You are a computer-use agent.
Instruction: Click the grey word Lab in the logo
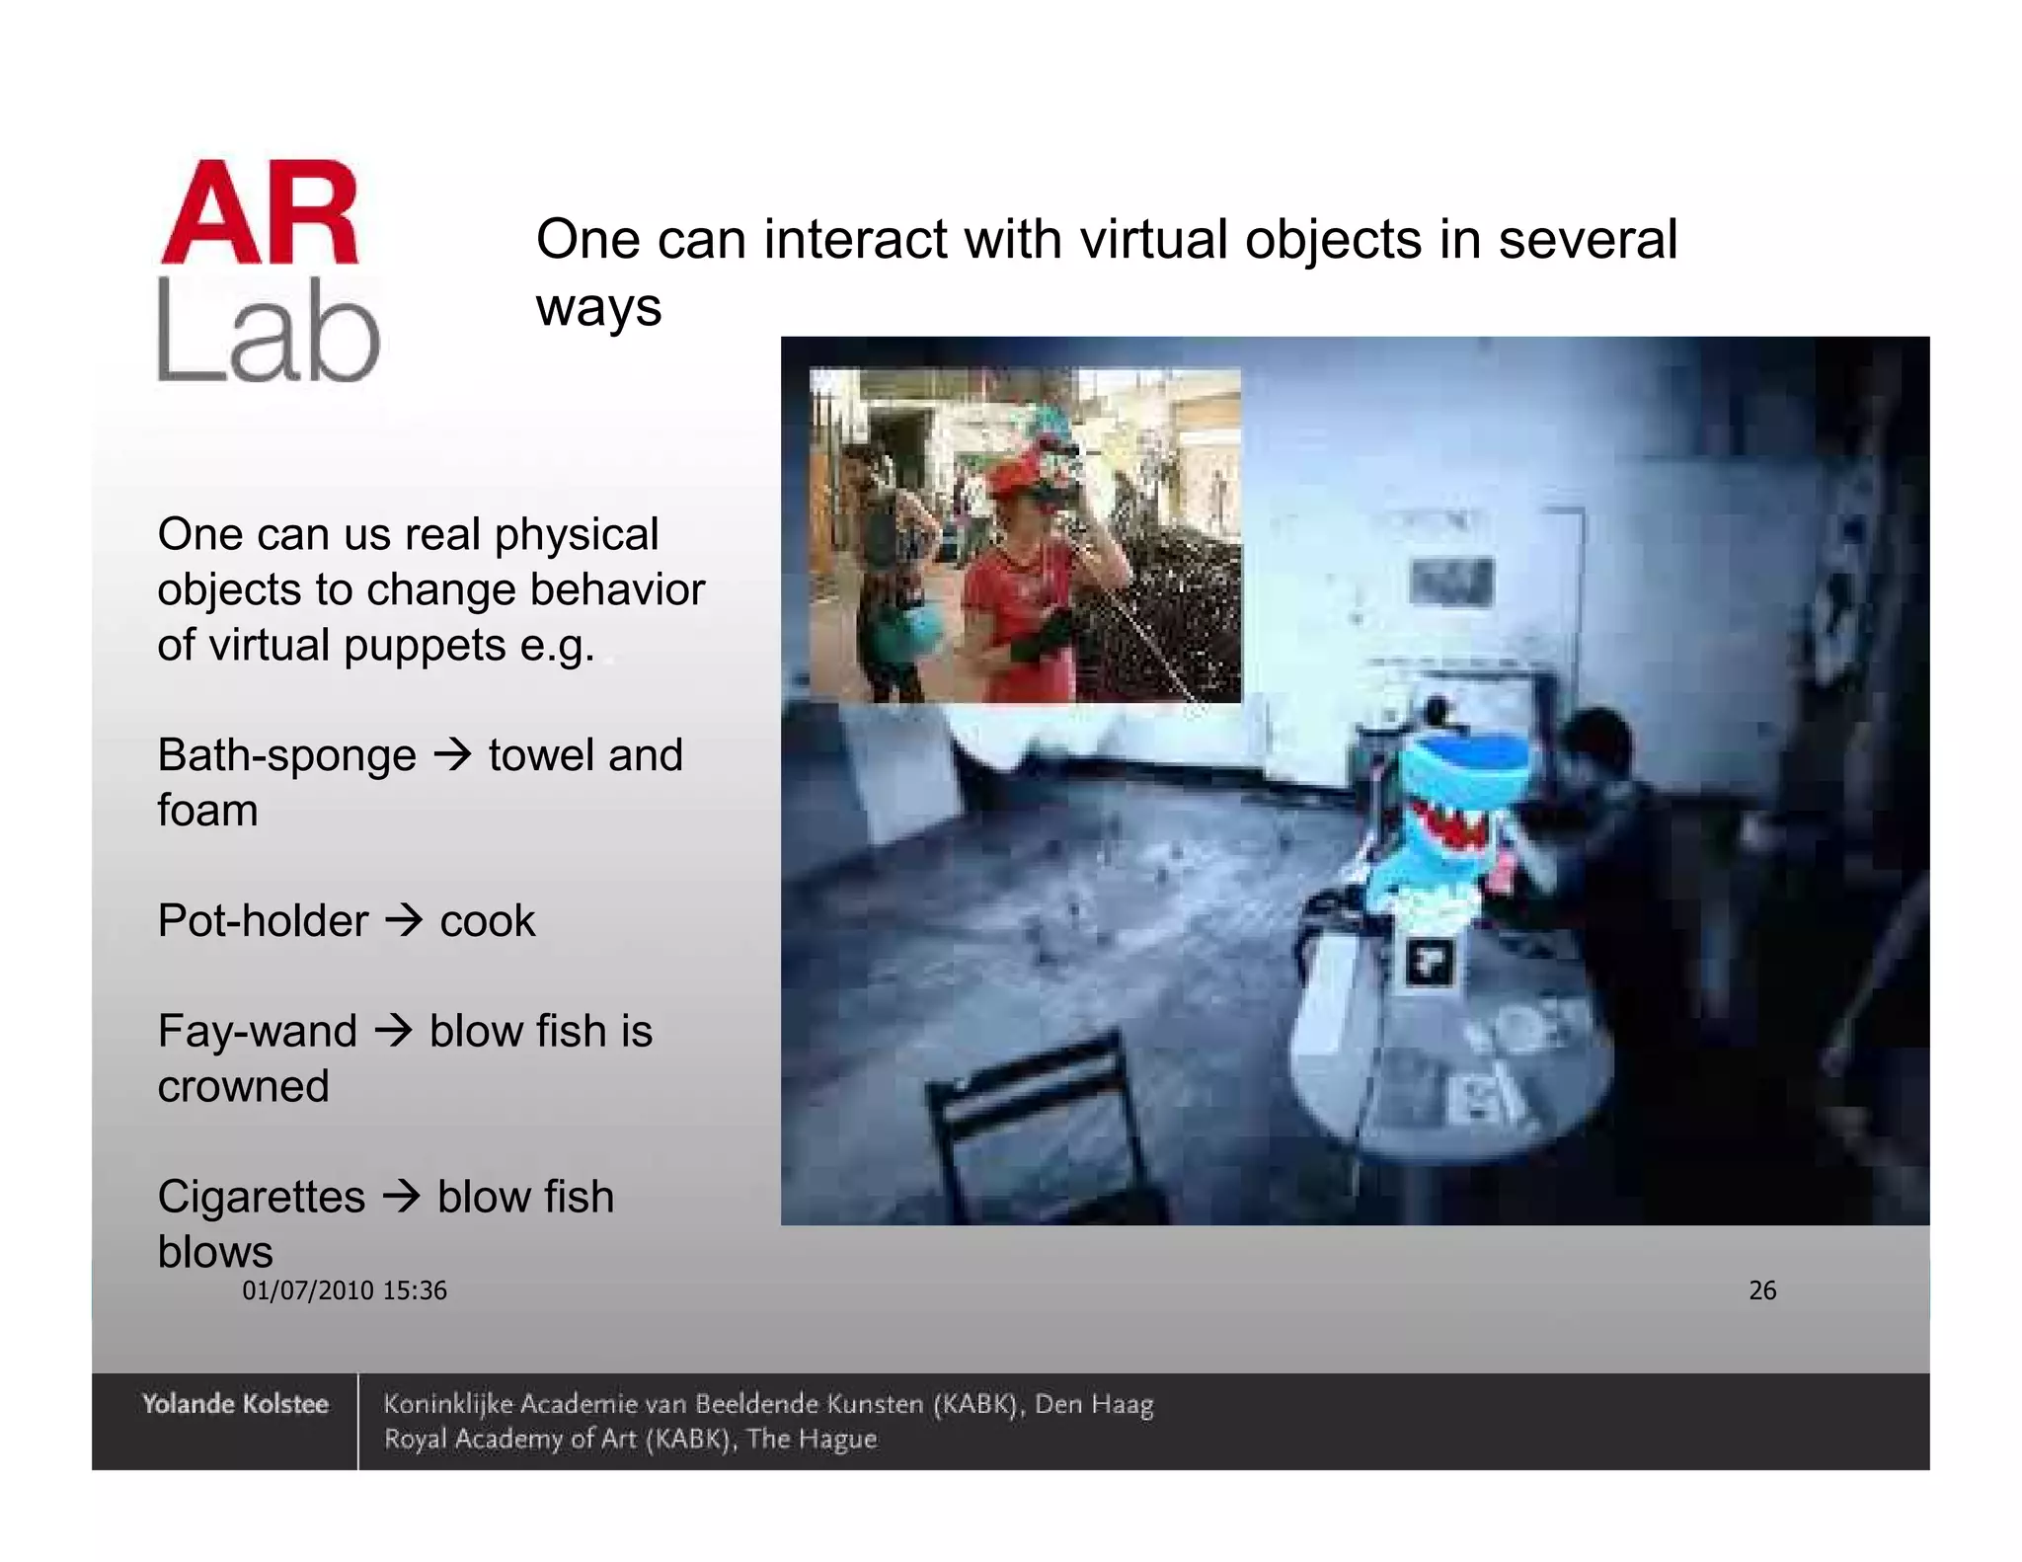(x=269, y=331)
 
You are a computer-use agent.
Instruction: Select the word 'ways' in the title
(x=598, y=307)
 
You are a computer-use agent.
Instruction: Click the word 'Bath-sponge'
(x=286, y=756)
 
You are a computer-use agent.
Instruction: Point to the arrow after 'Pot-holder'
(x=403, y=921)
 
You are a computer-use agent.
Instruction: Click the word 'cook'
(x=487, y=921)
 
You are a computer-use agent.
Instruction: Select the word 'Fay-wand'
(x=257, y=1032)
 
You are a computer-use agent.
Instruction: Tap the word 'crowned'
(x=243, y=1087)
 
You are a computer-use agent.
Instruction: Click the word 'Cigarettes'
(x=262, y=1197)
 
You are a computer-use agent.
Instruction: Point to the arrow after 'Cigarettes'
(x=401, y=1197)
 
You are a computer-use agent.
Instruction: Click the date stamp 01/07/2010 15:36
(x=345, y=1290)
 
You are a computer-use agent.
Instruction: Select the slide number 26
(x=1762, y=1290)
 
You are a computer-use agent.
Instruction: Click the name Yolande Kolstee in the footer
(x=235, y=1404)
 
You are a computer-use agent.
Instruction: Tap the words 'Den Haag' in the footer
(x=1094, y=1404)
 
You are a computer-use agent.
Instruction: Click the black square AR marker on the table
(x=1429, y=961)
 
